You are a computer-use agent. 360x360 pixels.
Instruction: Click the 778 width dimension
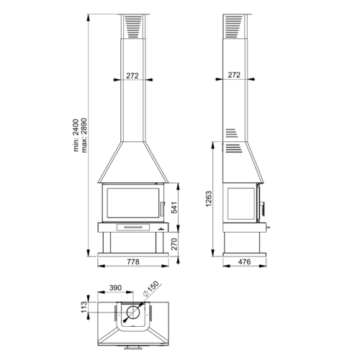[133, 261]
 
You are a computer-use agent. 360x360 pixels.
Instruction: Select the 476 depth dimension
[244, 261]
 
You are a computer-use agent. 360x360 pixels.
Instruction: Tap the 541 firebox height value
[174, 207]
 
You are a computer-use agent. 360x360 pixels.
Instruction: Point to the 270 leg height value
[174, 244]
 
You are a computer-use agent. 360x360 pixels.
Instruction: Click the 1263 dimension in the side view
[209, 199]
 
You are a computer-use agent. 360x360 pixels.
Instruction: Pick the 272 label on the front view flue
[132, 76]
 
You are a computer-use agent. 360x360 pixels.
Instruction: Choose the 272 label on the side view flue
[234, 75]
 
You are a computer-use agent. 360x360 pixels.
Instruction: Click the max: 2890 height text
[84, 135]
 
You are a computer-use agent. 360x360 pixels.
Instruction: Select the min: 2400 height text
[76, 135]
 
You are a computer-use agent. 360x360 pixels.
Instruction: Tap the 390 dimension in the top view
[115, 287]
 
